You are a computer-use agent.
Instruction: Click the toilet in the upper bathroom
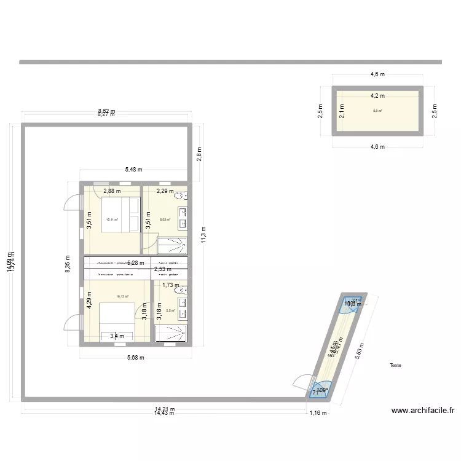[x=181, y=197]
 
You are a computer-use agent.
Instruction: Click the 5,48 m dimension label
[x=133, y=170]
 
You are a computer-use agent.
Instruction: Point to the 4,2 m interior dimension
[x=377, y=96]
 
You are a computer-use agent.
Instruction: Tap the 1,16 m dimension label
[x=317, y=414]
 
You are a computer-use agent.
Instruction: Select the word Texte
[x=395, y=365]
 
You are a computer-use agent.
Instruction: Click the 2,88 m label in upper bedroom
[x=112, y=191]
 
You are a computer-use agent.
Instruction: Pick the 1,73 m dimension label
[x=171, y=285]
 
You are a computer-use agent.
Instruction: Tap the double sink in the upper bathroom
[x=183, y=217]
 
